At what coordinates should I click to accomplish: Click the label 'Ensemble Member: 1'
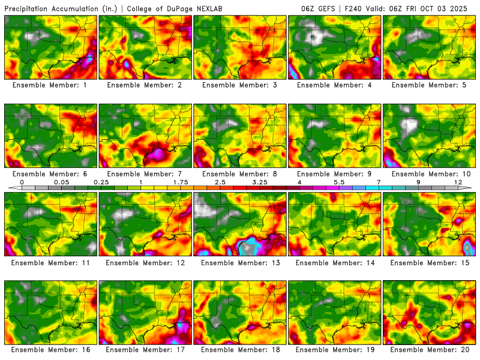point(51,85)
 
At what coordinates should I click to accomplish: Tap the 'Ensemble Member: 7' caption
point(146,174)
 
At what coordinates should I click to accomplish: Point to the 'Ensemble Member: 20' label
point(430,349)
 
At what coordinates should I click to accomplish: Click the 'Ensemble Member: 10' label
point(430,174)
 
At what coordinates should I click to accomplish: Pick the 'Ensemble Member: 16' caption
point(51,349)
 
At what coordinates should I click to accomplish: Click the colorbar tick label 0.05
point(61,182)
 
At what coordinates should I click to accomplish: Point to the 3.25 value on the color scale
point(260,182)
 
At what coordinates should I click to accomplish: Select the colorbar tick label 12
point(458,182)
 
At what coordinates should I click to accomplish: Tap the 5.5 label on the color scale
point(339,182)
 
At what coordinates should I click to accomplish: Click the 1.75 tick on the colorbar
point(181,182)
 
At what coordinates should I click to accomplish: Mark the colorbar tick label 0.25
point(101,182)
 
